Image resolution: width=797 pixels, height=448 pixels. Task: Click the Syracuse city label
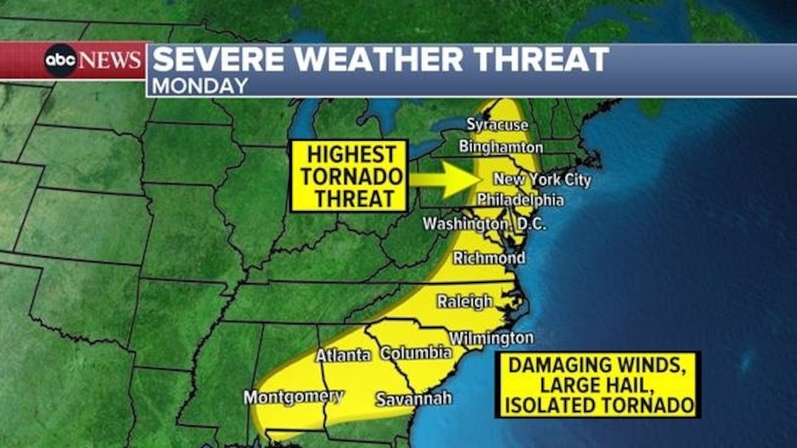pos(497,125)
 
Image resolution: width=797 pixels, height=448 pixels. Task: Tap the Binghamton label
pos(501,147)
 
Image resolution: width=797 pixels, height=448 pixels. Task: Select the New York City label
pos(542,179)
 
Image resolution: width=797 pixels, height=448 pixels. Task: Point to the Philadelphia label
pos(520,200)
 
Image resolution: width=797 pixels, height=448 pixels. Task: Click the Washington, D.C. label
pos(484,224)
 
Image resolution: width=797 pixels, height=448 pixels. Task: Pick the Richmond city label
pos(489,258)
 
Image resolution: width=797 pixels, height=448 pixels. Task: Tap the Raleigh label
pos(465,301)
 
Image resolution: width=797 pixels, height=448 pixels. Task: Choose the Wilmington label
pos(491,338)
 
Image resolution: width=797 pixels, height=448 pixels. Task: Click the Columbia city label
pos(416,353)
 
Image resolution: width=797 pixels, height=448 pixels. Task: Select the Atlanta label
pos(343,355)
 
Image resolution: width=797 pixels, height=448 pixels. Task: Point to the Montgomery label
pos(294,397)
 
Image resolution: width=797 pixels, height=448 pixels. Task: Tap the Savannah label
pos(413,399)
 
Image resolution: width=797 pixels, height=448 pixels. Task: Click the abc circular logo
pos(60,60)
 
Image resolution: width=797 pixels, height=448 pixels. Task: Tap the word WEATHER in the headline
pos(379,59)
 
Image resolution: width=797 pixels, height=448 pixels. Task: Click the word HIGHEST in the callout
pos(352,154)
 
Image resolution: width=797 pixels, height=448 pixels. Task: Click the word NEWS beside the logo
pos(110,60)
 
